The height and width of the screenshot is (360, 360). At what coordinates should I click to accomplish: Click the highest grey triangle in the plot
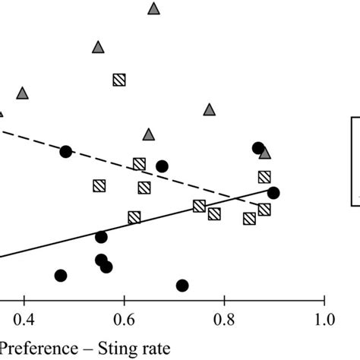pyautogui.click(x=153, y=8)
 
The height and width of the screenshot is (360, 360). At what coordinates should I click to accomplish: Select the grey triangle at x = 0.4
pyautogui.click(x=23, y=93)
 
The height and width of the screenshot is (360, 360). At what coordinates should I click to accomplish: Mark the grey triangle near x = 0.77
pyautogui.click(x=210, y=109)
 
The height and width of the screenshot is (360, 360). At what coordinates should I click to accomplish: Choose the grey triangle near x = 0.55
pyautogui.click(x=98, y=47)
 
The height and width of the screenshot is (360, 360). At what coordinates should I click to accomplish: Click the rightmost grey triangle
pyautogui.click(x=264, y=153)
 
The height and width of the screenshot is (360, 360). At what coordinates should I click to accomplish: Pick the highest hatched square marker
pyautogui.click(x=119, y=80)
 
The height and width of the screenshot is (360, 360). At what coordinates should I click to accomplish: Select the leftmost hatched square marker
pyautogui.click(x=99, y=185)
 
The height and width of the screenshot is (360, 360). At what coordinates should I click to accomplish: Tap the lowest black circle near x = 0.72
pyautogui.click(x=182, y=286)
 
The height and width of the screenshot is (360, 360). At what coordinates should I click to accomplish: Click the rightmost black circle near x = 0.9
pyautogui.click(x=273, y=193)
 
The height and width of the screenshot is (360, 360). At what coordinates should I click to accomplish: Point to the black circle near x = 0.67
pyautogui.click(x=162, y=166)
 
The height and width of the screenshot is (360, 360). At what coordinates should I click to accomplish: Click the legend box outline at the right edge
pyautogui.click(x=352, y=159)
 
